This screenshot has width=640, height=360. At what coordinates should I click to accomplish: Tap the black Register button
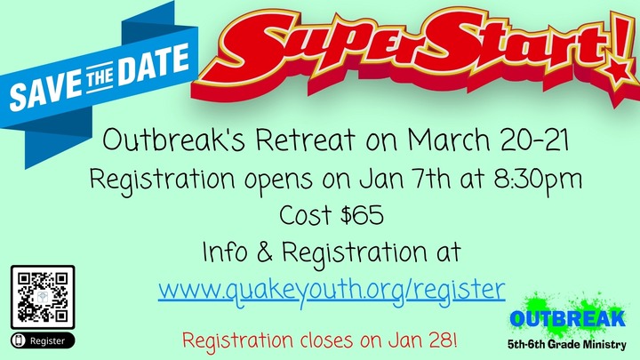click(x=42, y=340)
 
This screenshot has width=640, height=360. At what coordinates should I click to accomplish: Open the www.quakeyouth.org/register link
click(x=332, y=288)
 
